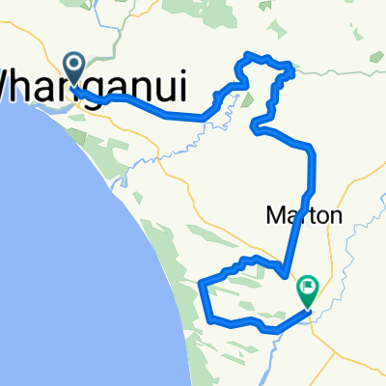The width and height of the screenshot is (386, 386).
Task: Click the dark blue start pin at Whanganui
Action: pos(74,67)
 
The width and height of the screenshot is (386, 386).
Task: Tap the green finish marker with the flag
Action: pos(308,287)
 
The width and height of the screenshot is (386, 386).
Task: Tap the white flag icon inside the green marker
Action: pos(308,285)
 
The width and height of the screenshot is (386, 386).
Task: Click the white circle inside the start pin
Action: pos(74,64)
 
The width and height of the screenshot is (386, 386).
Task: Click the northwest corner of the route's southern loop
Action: pos(201,283)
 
